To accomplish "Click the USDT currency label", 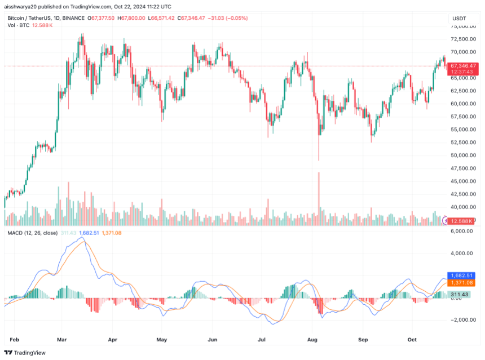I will [x=459, y=19].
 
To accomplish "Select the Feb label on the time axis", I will [x=15, y=340].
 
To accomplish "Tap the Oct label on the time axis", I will [x=412, y=340].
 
